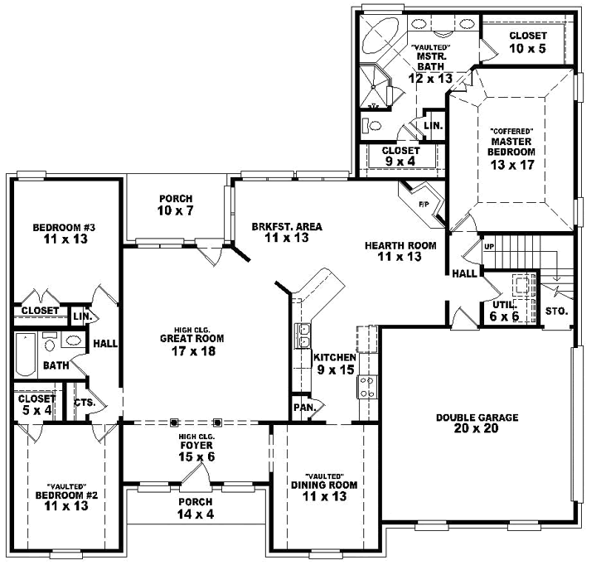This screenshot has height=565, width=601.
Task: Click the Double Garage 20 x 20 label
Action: tap(477, 423)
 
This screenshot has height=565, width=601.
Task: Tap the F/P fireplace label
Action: tap(423, 203)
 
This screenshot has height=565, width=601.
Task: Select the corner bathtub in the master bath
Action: tap(380, 39)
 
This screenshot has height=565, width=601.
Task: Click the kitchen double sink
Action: tap(303, 335)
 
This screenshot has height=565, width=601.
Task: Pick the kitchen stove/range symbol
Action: tap(366, 385)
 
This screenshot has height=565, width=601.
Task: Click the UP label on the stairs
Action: tap(488, 247)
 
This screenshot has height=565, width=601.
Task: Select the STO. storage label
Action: tap(556, 311)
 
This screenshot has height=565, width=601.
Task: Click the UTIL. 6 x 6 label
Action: tap(499, 311)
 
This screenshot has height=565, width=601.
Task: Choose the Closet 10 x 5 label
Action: tap(527, 41)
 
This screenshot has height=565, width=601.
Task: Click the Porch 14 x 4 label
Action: tap(196, 508)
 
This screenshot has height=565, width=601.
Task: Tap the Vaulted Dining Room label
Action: tap(318, 491)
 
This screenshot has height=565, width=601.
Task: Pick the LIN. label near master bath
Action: tap(433, 126)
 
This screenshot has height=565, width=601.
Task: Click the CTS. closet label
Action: tap(85, 403)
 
